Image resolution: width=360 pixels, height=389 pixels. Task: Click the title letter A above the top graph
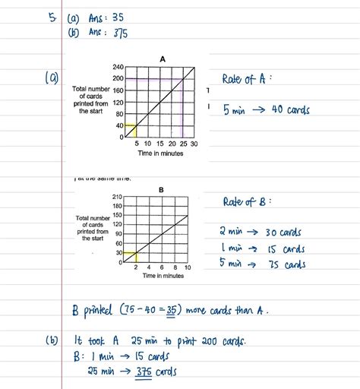pos(163,59)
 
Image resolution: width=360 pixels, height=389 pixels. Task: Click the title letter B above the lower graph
pos(161,190)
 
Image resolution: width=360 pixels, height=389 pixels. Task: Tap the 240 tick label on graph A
pos(118,68)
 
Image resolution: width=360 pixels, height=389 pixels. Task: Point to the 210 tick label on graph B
pos(117,198)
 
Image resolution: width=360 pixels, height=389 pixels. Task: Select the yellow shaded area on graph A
pos(129,131)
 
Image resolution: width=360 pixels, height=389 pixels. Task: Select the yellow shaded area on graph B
pos(128,257)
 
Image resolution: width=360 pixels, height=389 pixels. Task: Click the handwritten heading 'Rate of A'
pos(247,78)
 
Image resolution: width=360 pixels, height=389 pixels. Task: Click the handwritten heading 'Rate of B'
pos(247,202)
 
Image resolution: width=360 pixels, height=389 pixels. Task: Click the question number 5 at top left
pos(52,16)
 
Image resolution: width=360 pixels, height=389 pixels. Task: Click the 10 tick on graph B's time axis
pos(188,267)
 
